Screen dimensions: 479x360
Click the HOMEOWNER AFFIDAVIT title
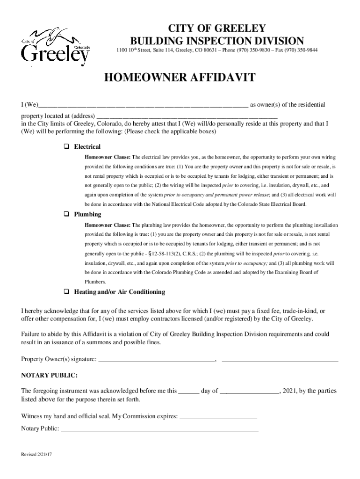(180, 78)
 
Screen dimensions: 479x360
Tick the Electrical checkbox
(66, 146)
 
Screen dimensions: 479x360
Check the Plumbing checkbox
(66, 214)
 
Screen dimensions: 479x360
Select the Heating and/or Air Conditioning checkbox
(66, 291)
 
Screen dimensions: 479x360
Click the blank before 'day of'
(189, 392)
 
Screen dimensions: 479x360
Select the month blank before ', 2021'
(249, 392)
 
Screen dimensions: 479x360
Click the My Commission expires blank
(218, 416)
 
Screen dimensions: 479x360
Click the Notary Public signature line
(159, 428)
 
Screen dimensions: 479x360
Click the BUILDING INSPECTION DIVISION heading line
(216, 40)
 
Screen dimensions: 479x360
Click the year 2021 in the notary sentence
(290, 391)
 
